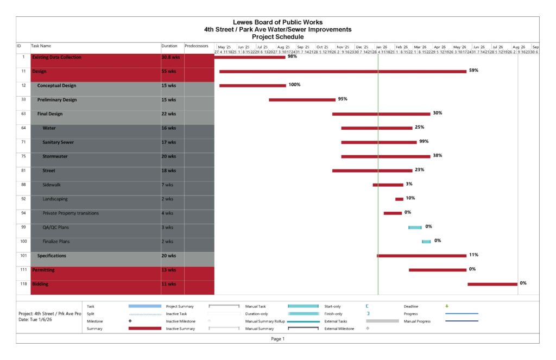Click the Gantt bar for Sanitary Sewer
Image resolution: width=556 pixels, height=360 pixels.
(x=379, y=142)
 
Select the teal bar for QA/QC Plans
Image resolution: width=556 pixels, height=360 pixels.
(x=415, y=228)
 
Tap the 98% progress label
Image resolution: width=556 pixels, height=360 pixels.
(x=292, y=56)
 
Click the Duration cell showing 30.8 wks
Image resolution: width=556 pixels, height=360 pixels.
(x=169, y=57)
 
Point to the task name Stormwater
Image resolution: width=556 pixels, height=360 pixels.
(x=55, y=156)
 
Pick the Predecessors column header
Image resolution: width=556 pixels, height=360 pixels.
(x=197, y=47)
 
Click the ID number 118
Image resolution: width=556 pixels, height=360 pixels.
(x=23, y=284)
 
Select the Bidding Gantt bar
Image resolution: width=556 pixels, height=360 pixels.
(x=492, y=284)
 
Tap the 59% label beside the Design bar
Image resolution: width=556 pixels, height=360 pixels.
(x=473, y=71)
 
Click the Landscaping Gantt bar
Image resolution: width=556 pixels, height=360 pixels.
(x=399, y=199)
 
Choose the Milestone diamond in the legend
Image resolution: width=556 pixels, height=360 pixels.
(x=130, y=321)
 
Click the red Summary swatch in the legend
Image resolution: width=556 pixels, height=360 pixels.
(x=144, y=329)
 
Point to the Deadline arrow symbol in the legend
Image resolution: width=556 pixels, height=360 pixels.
(x=447, y=306)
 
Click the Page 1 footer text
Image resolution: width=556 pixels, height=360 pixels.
(x=278, y=339)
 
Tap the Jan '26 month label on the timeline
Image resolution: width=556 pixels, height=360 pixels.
(x=382, y=47)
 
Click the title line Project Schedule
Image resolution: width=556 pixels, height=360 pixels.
(x=277, y=37)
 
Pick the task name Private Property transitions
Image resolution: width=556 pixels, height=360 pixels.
(x=71, y=213)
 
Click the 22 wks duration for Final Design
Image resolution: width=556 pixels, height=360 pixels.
(x=169, y=114)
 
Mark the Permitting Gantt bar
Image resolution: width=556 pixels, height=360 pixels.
(x=437, y=270)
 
